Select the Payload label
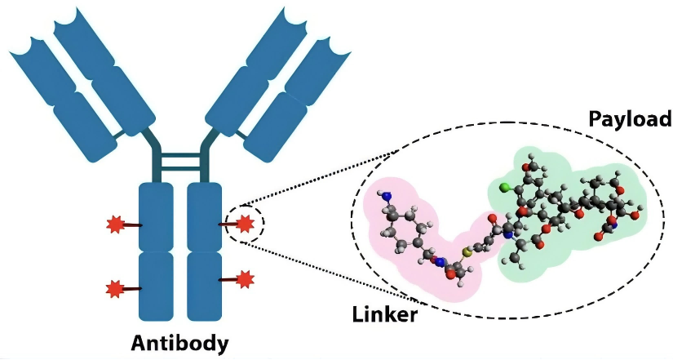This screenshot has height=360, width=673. (630, 120)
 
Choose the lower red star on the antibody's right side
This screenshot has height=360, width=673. (244, 280)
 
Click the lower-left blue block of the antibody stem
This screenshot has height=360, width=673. (156, 286)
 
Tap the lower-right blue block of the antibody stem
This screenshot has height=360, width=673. (204, 286)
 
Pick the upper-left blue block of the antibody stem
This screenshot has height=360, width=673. (156, 217)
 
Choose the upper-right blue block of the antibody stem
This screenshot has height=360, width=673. (204, 217)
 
